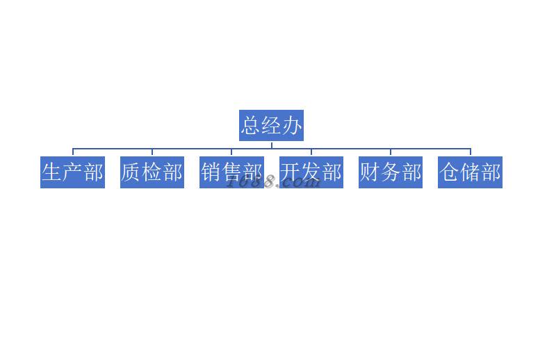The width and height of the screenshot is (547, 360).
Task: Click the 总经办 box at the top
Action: [x=271, y=125]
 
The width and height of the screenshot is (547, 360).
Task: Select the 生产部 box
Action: [x=72, y=172]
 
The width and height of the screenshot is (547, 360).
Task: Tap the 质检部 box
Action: [x=152, y=172]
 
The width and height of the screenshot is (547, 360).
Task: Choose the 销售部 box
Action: [x=231, y=172]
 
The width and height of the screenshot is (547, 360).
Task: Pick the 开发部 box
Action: [x=311, y=172]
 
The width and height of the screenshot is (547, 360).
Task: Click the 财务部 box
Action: [x=391, y=172]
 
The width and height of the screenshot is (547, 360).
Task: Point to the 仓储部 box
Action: [x=471, y=172]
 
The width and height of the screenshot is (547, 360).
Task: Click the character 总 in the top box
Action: [x=251, y=126]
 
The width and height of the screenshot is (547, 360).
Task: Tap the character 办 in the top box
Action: [x=292, y=126]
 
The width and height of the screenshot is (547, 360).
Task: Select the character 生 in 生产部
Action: [x=52, y=172]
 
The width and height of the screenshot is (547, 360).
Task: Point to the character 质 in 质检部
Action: [x=131, y=172]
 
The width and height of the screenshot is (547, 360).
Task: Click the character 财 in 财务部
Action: [x=370, y=172]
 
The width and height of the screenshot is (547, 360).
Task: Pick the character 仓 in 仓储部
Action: [x=450, y=172]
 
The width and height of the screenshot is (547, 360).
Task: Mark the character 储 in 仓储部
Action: [x=471, y=172]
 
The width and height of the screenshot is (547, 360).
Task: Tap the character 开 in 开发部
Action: [x=291, y=172]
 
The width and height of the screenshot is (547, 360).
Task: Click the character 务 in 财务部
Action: [x=391, y=172]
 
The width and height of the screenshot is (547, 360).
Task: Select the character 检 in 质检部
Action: [x=152, y=172]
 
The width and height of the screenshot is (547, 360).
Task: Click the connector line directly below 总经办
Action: [x=271, y=145]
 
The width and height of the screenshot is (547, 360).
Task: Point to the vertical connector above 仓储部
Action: [x=471, y=152]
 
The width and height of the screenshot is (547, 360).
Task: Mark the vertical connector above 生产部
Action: [x=73, y=152]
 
